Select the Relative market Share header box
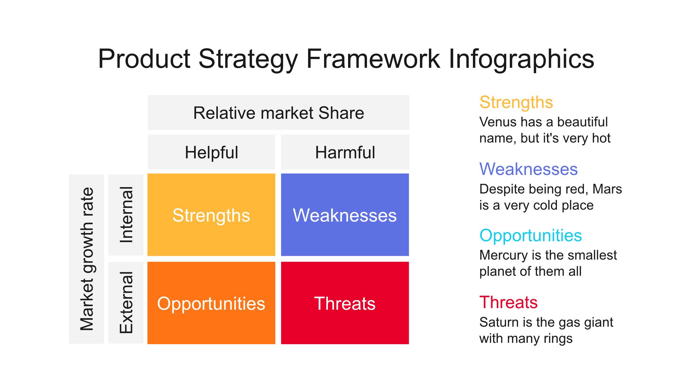[x=278, y=112]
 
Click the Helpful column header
[x=211, y=152]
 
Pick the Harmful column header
[x=345, y=152]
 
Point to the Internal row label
[x=126, y=215]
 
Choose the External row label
[x=126, y=303]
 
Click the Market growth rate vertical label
[x=86, y=259]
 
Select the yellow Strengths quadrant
[x=211, y=215]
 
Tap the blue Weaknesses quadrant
[x=345, y=215]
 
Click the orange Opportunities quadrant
[x=211, y=303]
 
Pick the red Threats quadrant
[x=345, y=303]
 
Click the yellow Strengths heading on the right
[x=516, y=103]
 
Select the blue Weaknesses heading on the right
[x=528, y=169]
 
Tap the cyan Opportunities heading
[x=531, y=236]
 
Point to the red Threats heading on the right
[x=509, y=302]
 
